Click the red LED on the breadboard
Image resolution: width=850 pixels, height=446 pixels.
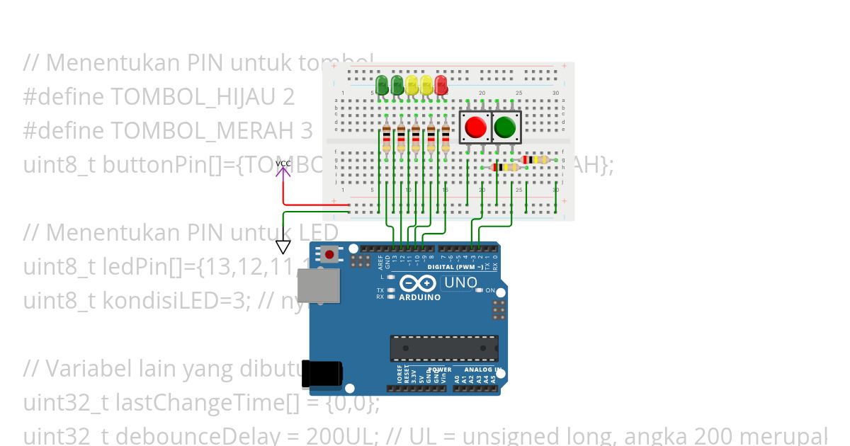pyautogui.click(x=441, y=85)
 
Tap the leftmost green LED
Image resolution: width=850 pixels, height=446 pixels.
pyautogui.click(x=382, y=85)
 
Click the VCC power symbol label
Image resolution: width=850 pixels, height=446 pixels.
pyautogui.click(x=283, y=164)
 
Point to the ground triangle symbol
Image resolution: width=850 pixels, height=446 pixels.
pyautogui.click(x=283, y=247)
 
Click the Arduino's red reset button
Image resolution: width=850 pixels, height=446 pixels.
pyautogui.click(x=330, y=254)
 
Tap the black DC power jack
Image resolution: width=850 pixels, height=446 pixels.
pyautogui.click(x=322, y=373)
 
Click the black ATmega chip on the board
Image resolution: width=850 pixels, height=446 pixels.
pyautogui.click(x=443, y=348)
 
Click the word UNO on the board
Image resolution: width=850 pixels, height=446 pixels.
pyautogui.click(x=460, y=283)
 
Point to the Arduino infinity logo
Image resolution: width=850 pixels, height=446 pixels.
pyautogui.click(x=419, y=284)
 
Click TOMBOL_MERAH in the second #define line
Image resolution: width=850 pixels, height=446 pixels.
pyautogui.click(x=190, y=131)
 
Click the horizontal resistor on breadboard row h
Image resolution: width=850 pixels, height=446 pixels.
pyautogui.click(x=504, y=167)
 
